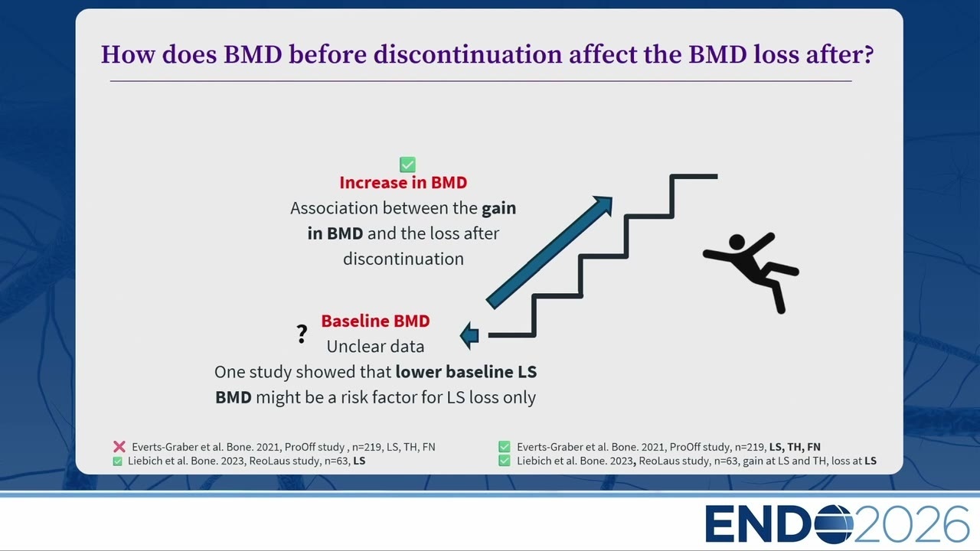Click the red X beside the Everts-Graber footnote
(119, 446)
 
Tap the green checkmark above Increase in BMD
(407, 165)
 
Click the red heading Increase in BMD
(403, 182)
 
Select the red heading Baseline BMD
(375, 321)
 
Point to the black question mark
(302, 334)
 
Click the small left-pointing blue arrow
(469, 336)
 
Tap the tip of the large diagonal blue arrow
(611, 197)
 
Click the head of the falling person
(737, 242)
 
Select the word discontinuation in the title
(467, 54)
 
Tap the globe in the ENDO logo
(834, 524)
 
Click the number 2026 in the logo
(911, 524)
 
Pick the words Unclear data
(375, 347)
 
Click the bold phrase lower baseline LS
(466, 372)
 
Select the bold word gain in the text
(498, 209)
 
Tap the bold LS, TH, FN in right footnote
(795, 447)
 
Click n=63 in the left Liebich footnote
(338, 461)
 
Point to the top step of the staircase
(694, 177)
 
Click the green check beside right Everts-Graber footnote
(504, 446)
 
